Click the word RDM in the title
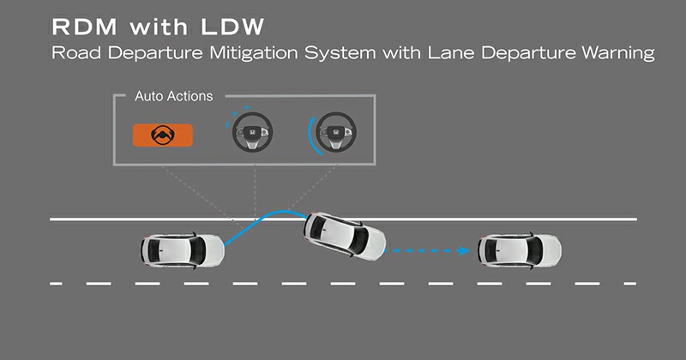pyautogui.click(x=84, y=27)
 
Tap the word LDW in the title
pyautogui.click(x=232, y=27)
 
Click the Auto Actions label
pyautogui.click(x=174, y=96)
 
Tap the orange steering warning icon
pyautogui.click(x=163, y=135)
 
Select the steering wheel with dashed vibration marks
pyautogui.click(x=252, y=132)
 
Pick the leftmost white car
pyautogui.click(x=183, y=250)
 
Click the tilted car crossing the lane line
pyautogui.click(x=346, y=237)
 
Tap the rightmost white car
pyautogui.click(x=520, y=250)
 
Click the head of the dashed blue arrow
pyautogui.click(x=464, y=250)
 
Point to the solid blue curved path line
pyautogui.click(x=262, y=219)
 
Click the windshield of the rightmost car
pyautogui.click(x=533, y=250)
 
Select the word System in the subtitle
pyautogui.click(x=340, y=53)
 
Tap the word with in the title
pyautogui.click(x=159, y=27)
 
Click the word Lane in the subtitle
pyautogui.click(x=451, y=53)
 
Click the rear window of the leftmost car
pyautogui.click(x=153, y=250)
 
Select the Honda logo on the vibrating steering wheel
pyautogui.click(x=252, y=132)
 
